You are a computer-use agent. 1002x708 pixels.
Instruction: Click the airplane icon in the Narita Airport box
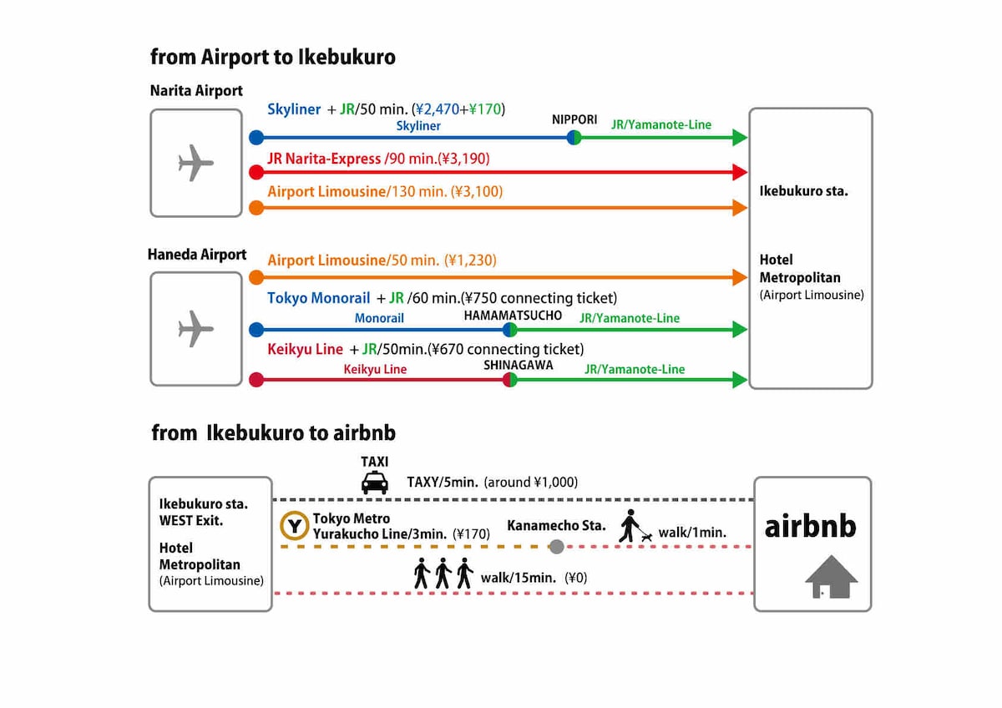click(x=195, y=162)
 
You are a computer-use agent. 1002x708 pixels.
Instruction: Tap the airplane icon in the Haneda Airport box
click(x=195, y=329)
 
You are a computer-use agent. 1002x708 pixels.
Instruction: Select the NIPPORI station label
click(x=574, y=120)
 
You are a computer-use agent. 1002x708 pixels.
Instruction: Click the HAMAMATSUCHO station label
click(x=513, y=316)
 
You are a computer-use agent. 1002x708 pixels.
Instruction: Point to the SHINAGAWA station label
click(x=518, y=366)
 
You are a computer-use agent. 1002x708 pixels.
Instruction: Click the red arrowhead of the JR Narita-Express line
click(x=740, y=172)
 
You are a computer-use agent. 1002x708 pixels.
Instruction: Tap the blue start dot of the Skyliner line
click(x=256, y=137)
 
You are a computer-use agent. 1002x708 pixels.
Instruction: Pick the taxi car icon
click(x=374, y=483)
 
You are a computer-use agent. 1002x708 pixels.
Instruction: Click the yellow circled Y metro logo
click(x=294, y=526)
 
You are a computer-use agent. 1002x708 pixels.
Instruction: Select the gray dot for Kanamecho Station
click(x=556, y=547)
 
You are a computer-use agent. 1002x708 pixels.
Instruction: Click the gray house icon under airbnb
click(x=831, y=577)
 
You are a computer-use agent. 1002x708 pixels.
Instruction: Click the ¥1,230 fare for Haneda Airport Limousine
click(x=470, y=260)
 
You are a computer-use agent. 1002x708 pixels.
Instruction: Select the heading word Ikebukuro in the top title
click(x=347, y=58)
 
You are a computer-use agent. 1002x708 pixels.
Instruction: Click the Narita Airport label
click(x=196, y=91)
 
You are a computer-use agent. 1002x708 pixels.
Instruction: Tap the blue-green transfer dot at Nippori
click(x=574, y=137)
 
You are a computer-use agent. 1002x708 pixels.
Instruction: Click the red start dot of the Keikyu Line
click(x=256, y=380)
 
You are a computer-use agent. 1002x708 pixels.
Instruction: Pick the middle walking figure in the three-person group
click(x=443, y=573)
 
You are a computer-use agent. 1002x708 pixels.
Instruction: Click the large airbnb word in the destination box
click(x=810, y=527)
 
